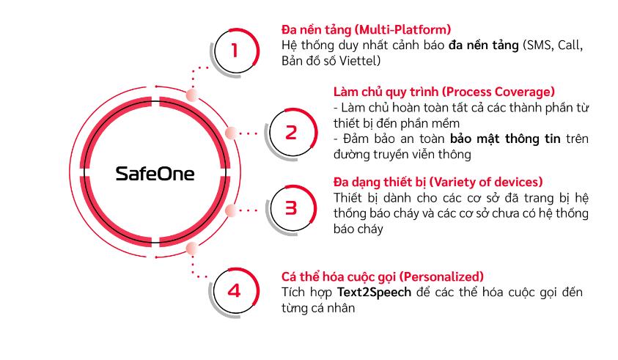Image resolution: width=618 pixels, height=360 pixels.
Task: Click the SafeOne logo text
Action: click(x=155, y=174)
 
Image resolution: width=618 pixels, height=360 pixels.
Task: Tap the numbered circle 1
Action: click(x=236, y=51)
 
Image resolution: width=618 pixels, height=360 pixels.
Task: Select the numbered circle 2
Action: click(x=292, y=133)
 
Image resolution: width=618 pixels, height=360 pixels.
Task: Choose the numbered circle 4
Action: click(x=235, y=291)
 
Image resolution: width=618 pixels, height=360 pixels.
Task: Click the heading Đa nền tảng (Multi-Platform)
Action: click(x=366, y=29)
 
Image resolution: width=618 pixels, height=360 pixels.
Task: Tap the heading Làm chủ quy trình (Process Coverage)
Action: click(x=444, y=92)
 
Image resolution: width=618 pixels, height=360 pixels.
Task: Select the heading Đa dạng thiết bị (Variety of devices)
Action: click(x=438, y=182)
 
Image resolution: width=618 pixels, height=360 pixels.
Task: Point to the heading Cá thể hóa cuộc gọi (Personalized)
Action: click(x=382, y=276)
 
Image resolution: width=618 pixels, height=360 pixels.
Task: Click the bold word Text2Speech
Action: click(x=374, y=293)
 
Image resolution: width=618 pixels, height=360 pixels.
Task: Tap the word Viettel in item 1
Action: click(x=360, y=61)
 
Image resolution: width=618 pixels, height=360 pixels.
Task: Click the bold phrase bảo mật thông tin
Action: click(x=505, y=139)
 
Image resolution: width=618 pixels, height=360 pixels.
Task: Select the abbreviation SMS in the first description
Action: click(x=539, y=45)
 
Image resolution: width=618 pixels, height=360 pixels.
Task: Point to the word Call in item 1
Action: click(x=570, y=45)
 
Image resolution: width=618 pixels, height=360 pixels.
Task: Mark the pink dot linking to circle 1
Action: click(x=192, y=95)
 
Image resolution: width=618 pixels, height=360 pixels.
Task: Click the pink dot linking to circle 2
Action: click(x=231, y=133)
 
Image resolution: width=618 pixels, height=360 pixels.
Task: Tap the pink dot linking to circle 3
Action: click(x=231, y=210)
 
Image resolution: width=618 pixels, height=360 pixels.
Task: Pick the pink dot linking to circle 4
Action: click(x=192, y=249)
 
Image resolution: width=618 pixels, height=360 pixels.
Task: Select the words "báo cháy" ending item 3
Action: click(x=358, y=229)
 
